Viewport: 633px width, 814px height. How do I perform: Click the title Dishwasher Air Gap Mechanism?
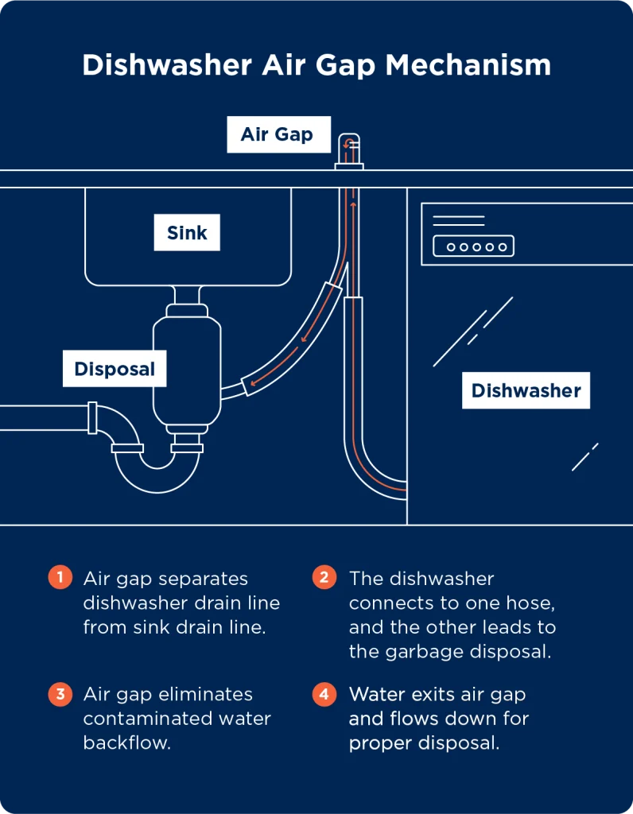(316, 65)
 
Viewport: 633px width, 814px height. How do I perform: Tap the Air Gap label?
(276, 134)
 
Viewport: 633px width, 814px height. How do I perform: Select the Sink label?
(187, 233)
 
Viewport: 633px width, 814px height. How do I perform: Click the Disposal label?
(115, 369)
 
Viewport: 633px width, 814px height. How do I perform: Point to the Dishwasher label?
(526, 390)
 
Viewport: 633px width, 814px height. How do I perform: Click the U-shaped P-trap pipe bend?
(157, 477)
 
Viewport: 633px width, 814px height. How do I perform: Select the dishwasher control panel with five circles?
(473, 246)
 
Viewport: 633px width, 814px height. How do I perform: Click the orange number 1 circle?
(59, 577)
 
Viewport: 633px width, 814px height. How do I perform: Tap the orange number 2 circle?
(324, 577)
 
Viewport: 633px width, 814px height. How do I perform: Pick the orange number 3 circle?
(59, 693)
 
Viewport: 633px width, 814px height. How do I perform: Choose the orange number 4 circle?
(324, 693)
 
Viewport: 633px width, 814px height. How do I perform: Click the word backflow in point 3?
(127, 743)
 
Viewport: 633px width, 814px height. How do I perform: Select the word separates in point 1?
(206, 579)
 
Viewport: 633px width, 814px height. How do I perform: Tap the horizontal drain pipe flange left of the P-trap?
(93, 417)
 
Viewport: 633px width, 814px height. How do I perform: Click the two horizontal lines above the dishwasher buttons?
(458, 220)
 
